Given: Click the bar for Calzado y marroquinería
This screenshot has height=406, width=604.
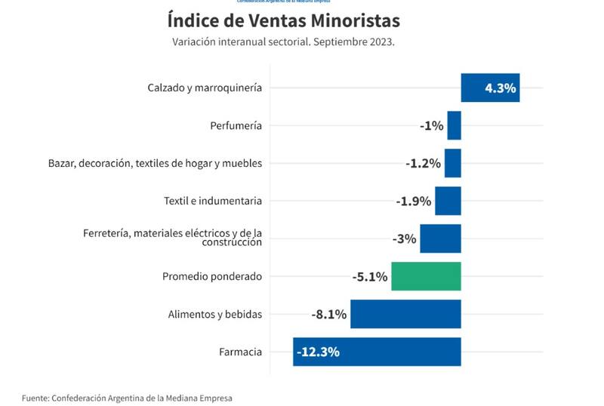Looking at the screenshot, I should pyautogui.click(x=490, y=88).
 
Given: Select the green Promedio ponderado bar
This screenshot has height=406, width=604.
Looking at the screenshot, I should pyautogui.click(x=426, y=276).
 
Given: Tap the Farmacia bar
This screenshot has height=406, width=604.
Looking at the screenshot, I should pyautogui.click(x=377, y=352).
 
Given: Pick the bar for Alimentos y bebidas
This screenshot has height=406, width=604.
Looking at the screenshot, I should pyautogui.click(x=405, y=314).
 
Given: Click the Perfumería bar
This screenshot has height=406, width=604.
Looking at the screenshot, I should pyautogui.click(x=454, y=125).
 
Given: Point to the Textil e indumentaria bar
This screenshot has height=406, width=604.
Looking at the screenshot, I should pyautogui.click(x=448, y=201).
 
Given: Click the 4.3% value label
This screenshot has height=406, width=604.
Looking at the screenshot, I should pyautogui.click(x=500, y=88).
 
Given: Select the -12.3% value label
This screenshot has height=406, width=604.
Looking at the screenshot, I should pyautogui.click(x=318, y=352).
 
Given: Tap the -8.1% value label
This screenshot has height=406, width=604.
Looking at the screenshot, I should pyautogui.click(x=328, y=314).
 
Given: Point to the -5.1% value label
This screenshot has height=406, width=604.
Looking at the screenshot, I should pyautogui.click(x=370, y=276).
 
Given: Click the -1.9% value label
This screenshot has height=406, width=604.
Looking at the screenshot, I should pyautogui.click(x=413, y=201).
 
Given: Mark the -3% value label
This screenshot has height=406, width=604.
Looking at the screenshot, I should pyautogui.click(x=404, y=238).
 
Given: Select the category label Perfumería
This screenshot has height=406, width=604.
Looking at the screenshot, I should pyautogui.click(x=236, y=125).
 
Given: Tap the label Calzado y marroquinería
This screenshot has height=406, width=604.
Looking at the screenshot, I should pyautogui.click(x=205, y=88).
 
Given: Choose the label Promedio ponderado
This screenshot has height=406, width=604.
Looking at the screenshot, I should pyautogui.click(x=212, y=276).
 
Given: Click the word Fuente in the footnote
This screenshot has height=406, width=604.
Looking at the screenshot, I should pyautogui.click(x=35, y=397).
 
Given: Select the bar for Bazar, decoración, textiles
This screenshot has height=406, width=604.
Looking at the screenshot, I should pyautogui.click(x=452, y=163).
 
